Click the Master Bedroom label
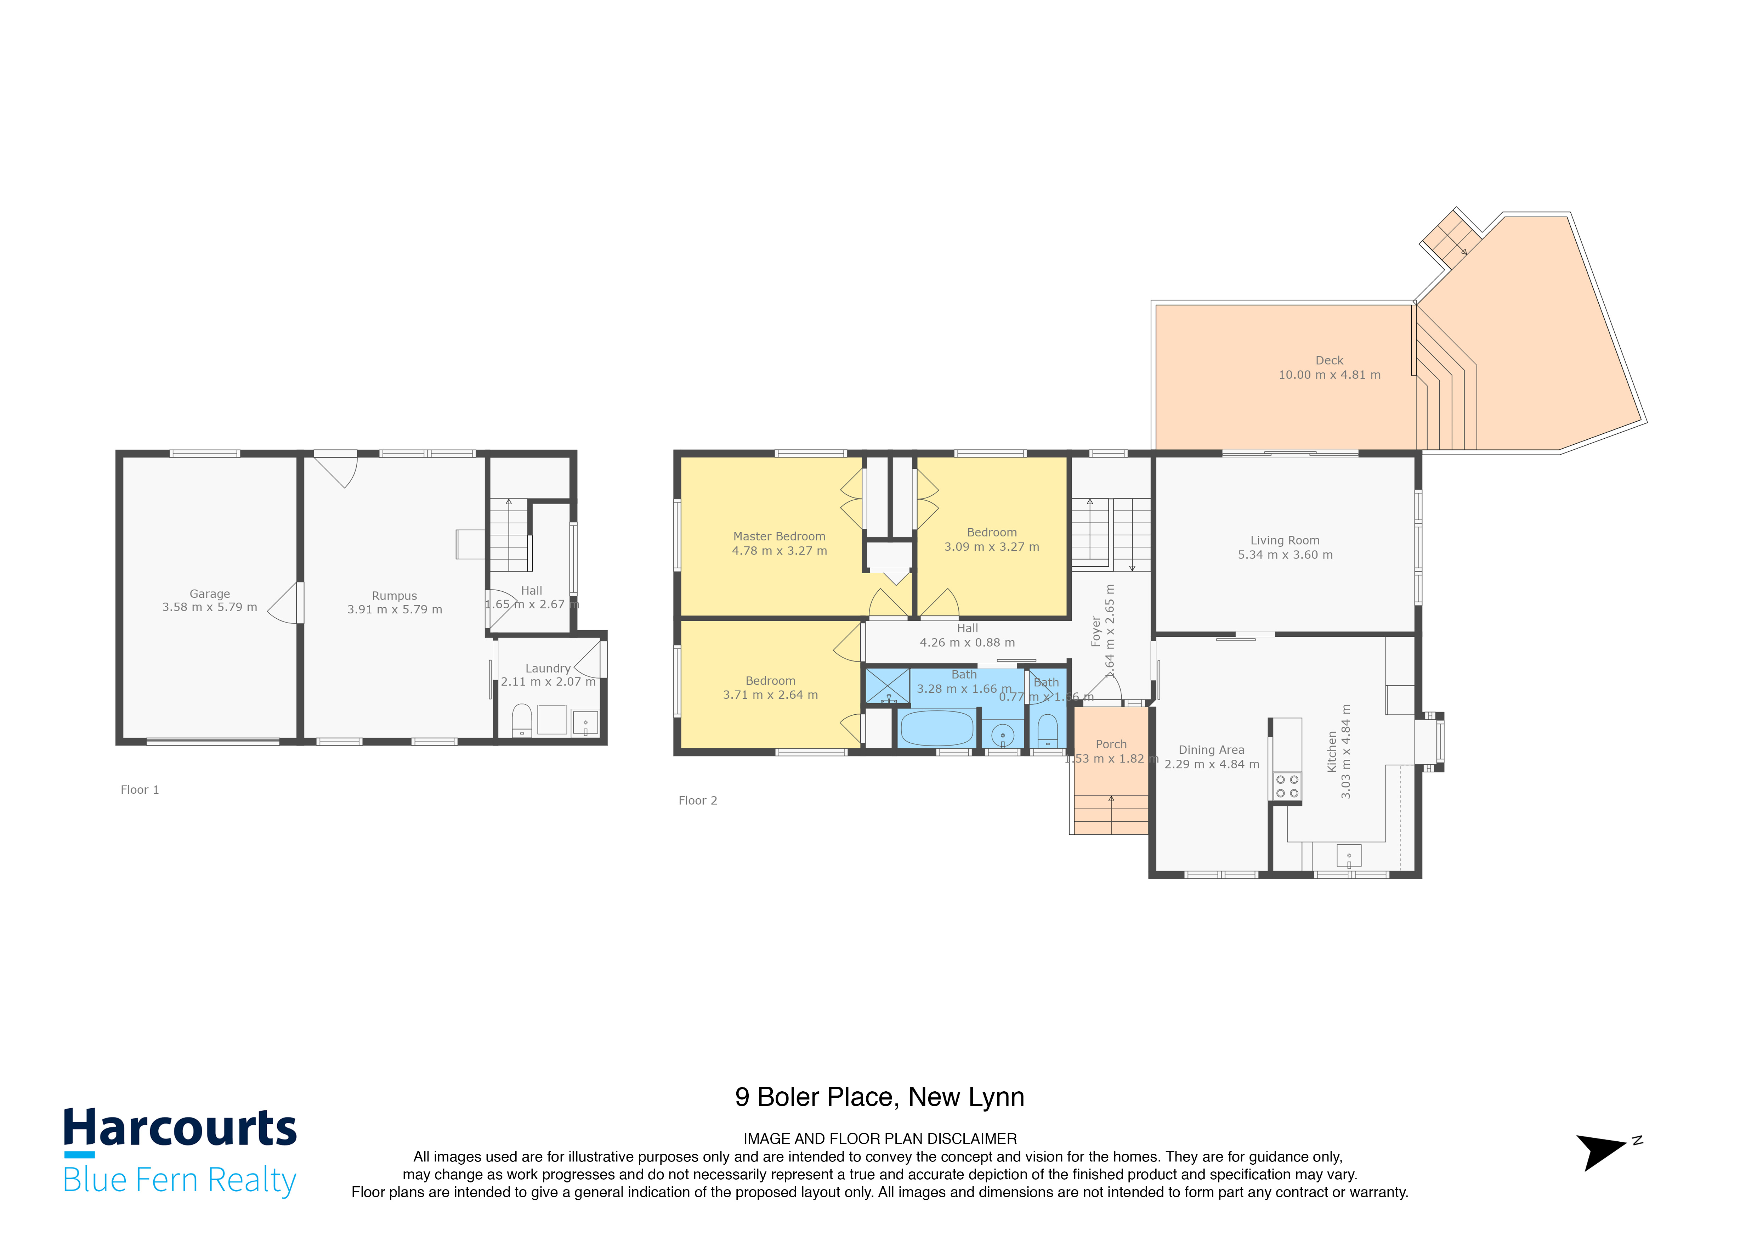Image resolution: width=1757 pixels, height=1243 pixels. click(779, 536)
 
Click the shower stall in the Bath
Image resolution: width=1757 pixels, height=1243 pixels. click(887, 686)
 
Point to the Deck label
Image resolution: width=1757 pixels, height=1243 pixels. click(1329, 360)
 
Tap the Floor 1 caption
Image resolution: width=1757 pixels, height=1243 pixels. click(139, 790)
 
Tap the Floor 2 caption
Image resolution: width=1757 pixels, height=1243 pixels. click(697, 800)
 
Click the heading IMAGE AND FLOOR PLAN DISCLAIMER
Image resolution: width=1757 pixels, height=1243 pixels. click(879, 1139)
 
